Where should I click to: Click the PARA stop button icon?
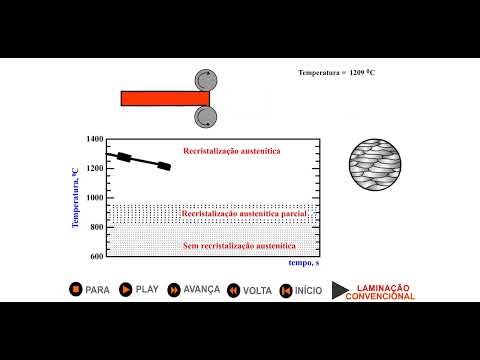[x=75, y=289]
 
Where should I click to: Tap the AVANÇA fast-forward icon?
[x=174, y=289]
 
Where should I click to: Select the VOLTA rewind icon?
[x=233, y=290]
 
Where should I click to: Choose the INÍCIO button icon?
[x=285, y=290]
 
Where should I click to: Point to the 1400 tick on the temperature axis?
[x=94, y=139]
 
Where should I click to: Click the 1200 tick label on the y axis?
[x=94, y=168]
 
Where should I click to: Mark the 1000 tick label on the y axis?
[x=94, y=198]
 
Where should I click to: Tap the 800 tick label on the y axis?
[x=96, y=227]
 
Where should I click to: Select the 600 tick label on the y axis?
[x=96, y=256]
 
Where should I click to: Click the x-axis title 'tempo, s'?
[x=303, y=263]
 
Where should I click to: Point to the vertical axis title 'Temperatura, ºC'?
[x=75, y=198]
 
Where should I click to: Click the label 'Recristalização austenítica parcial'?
[x=245, y=214]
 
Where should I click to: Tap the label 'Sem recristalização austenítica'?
[x=245, y=244]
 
